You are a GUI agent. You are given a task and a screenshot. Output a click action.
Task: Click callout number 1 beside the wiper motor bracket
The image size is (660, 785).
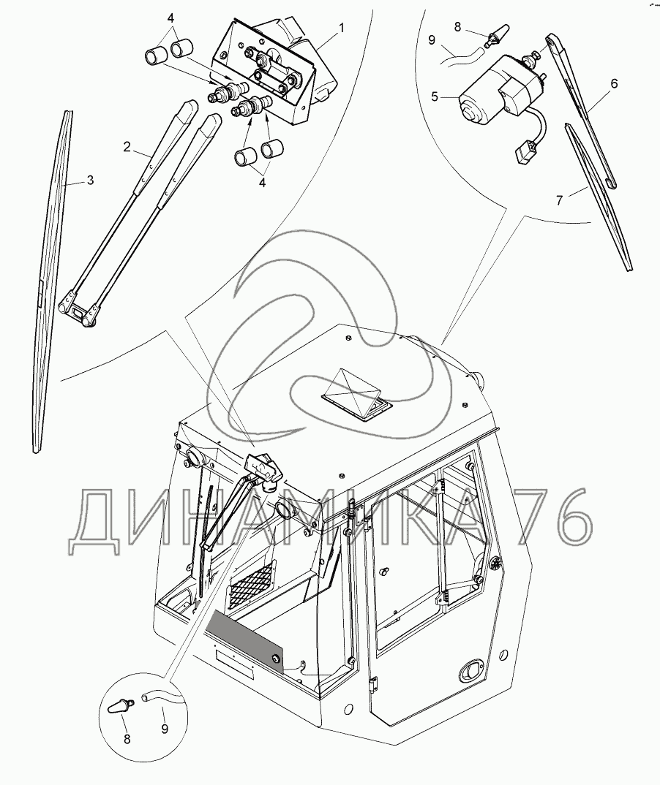341,28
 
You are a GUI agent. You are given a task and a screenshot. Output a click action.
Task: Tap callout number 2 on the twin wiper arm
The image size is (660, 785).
127,147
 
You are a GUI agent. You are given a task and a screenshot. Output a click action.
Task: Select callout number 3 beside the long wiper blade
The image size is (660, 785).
90,180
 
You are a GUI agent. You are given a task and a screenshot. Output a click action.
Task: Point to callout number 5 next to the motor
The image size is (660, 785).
435,96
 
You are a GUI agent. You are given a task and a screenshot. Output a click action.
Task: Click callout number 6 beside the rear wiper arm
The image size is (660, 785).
614,83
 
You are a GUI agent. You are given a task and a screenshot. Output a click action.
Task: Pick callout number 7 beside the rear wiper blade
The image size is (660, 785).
559,200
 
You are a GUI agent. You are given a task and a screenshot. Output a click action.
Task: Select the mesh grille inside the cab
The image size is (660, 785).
252,584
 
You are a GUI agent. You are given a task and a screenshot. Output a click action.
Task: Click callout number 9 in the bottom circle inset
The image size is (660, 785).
165,728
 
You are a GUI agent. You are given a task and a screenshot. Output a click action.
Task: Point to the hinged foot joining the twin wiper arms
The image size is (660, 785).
78,311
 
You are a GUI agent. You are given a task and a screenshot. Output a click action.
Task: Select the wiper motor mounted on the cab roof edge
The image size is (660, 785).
265,468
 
